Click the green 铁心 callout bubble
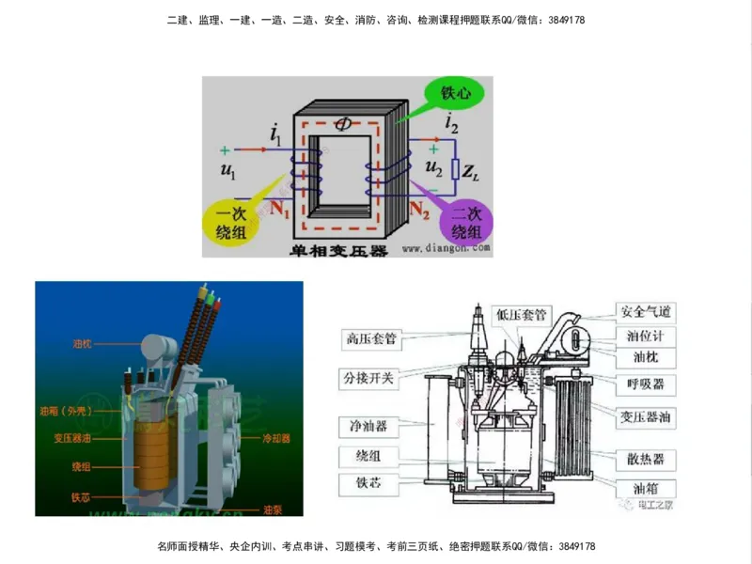(450, 92)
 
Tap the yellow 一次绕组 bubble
(230, 222)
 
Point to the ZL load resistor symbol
(456, 170)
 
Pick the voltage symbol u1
(227, 171)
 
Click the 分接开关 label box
(369, 378)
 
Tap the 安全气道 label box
(646, 311)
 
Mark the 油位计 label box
(646, 335)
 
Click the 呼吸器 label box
(646, 384)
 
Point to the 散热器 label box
(646, 459)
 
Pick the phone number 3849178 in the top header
(564, 20)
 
